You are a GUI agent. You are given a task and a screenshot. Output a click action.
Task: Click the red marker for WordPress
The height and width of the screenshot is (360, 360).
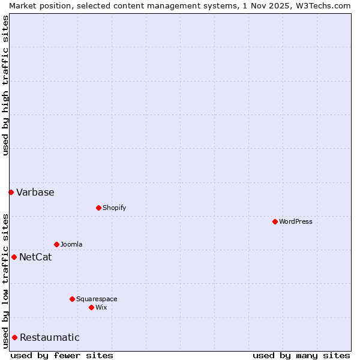275,221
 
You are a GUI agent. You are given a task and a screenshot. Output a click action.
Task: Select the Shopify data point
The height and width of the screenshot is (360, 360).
98,208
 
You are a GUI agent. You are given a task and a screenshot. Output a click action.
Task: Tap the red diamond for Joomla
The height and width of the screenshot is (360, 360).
56,244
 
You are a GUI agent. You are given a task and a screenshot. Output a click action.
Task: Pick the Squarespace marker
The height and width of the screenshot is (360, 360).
72,299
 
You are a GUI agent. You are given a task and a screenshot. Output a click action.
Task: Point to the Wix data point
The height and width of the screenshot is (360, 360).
91,307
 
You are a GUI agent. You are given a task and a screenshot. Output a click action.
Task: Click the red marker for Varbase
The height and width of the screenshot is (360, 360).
11,192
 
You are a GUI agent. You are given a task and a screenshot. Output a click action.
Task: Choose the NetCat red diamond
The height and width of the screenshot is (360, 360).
14,257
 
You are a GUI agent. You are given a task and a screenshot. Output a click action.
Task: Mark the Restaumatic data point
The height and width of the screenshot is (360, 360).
14,337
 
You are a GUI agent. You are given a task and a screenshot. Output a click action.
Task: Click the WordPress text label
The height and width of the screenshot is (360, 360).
296,221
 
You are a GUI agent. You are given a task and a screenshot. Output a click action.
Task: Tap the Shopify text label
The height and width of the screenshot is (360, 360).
114,208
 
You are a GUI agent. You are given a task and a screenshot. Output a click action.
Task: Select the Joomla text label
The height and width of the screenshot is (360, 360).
71,244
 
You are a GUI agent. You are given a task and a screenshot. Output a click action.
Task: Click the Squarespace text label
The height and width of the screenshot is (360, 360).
97,299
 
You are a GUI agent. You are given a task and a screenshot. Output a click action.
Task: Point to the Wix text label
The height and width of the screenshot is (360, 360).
101,307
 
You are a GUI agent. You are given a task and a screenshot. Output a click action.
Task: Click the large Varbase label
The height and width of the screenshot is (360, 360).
35,192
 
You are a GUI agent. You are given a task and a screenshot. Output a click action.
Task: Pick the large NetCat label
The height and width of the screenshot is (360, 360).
35,257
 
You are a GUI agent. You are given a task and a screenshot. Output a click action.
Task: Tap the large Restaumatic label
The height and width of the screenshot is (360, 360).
50,337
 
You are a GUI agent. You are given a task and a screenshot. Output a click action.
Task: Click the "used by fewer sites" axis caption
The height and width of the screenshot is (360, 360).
62,355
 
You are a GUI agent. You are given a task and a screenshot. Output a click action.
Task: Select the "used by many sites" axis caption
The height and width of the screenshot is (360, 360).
301,355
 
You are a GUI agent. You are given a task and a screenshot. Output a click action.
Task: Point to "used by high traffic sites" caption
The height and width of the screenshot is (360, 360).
5,85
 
